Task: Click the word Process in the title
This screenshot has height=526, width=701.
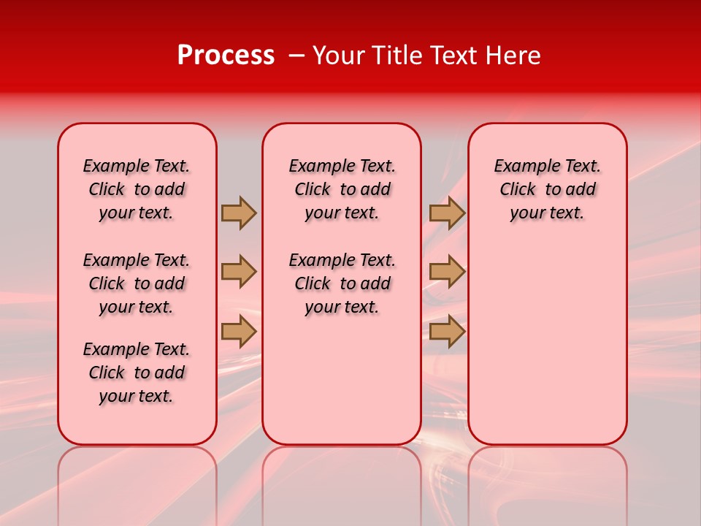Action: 226,56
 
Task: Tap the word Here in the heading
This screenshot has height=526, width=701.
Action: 513,56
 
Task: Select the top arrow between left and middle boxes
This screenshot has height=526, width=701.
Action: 239,213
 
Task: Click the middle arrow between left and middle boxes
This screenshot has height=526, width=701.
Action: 239,272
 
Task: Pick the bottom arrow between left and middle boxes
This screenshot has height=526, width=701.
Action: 239,331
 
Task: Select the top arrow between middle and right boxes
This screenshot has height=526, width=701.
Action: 447,213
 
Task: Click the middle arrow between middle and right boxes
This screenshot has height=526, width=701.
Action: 447,272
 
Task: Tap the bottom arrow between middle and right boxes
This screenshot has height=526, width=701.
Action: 447,331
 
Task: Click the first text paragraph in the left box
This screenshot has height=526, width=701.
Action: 137,189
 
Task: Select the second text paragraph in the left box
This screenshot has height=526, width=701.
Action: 137,283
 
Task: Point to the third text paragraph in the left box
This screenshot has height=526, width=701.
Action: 137,373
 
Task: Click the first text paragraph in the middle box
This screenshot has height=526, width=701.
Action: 342,189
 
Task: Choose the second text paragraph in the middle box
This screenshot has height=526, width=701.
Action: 342,283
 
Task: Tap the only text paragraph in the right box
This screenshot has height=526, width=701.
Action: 548,189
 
